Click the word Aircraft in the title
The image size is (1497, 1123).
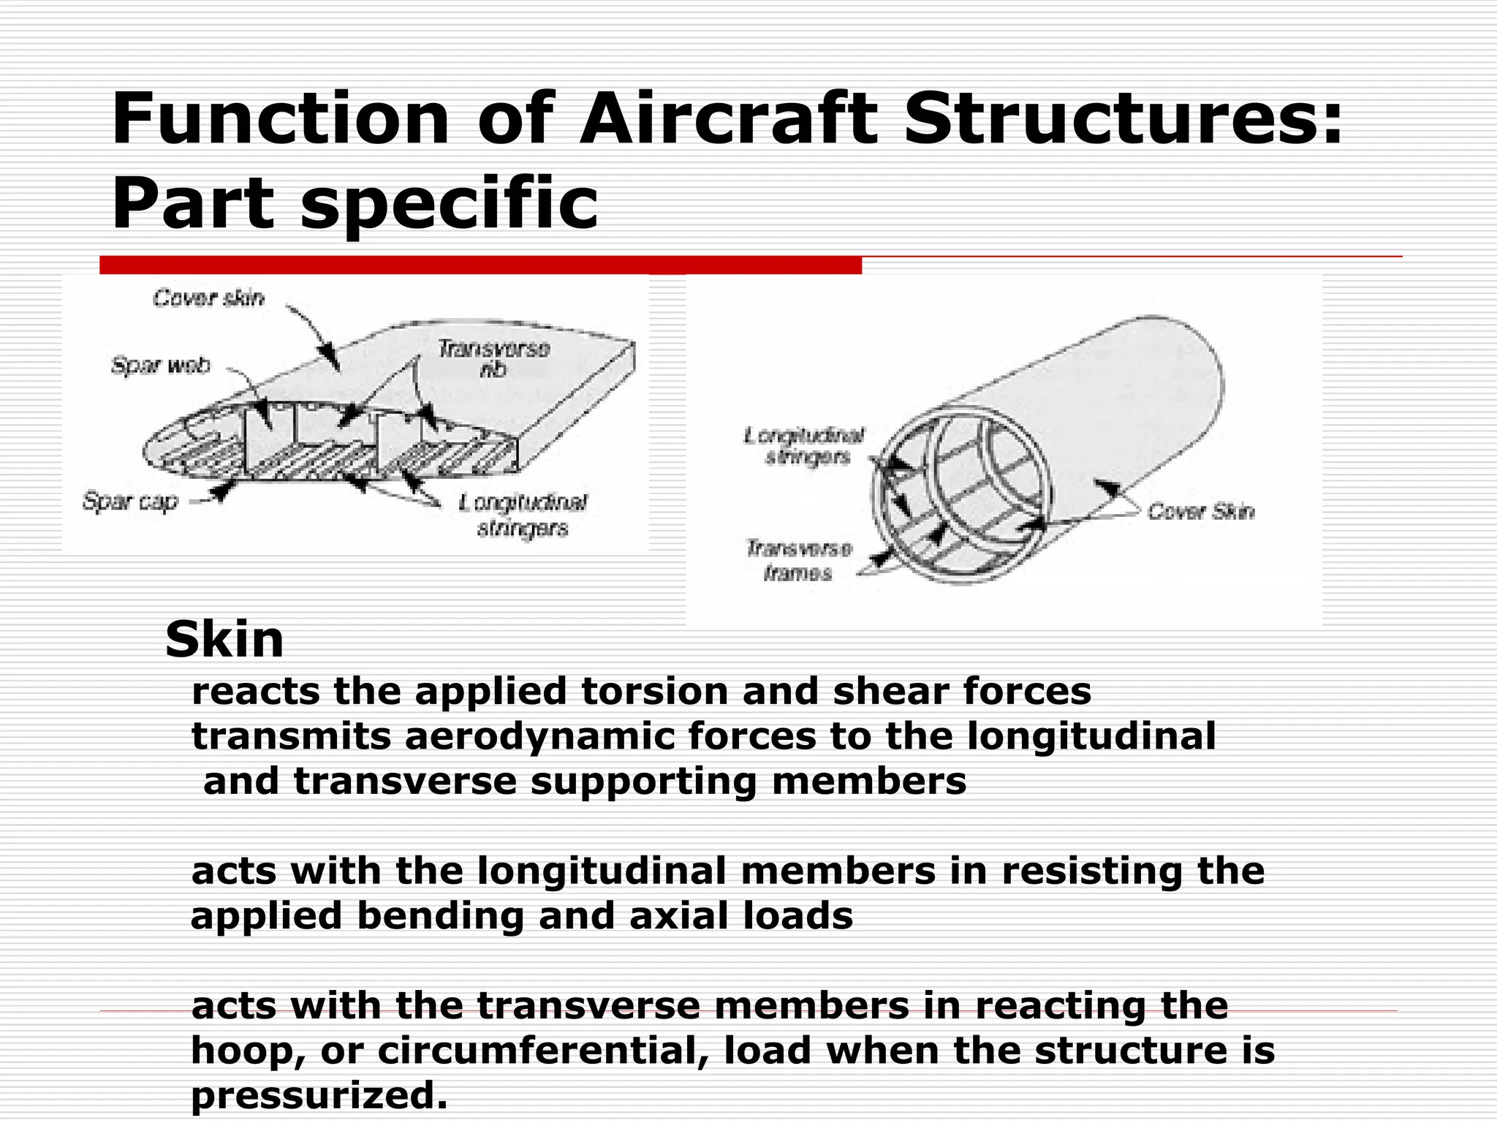pos(727,119)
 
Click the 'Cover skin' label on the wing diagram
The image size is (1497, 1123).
pos(208,298)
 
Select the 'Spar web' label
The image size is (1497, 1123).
pos(161,365)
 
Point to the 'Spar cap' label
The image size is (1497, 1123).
pos(130,502)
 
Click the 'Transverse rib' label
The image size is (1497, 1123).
pos(493,359)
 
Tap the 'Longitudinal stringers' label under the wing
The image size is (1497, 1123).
pos(523,515)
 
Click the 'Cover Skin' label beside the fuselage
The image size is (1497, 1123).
pos(1201,511)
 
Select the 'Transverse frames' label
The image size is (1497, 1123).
pos(798,561)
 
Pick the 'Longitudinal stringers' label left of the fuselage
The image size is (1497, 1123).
pos(804,446)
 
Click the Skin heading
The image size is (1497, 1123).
pos(224,640)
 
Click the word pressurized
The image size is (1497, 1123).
pos(319,1095)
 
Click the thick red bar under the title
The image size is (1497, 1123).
pos(480,265)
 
